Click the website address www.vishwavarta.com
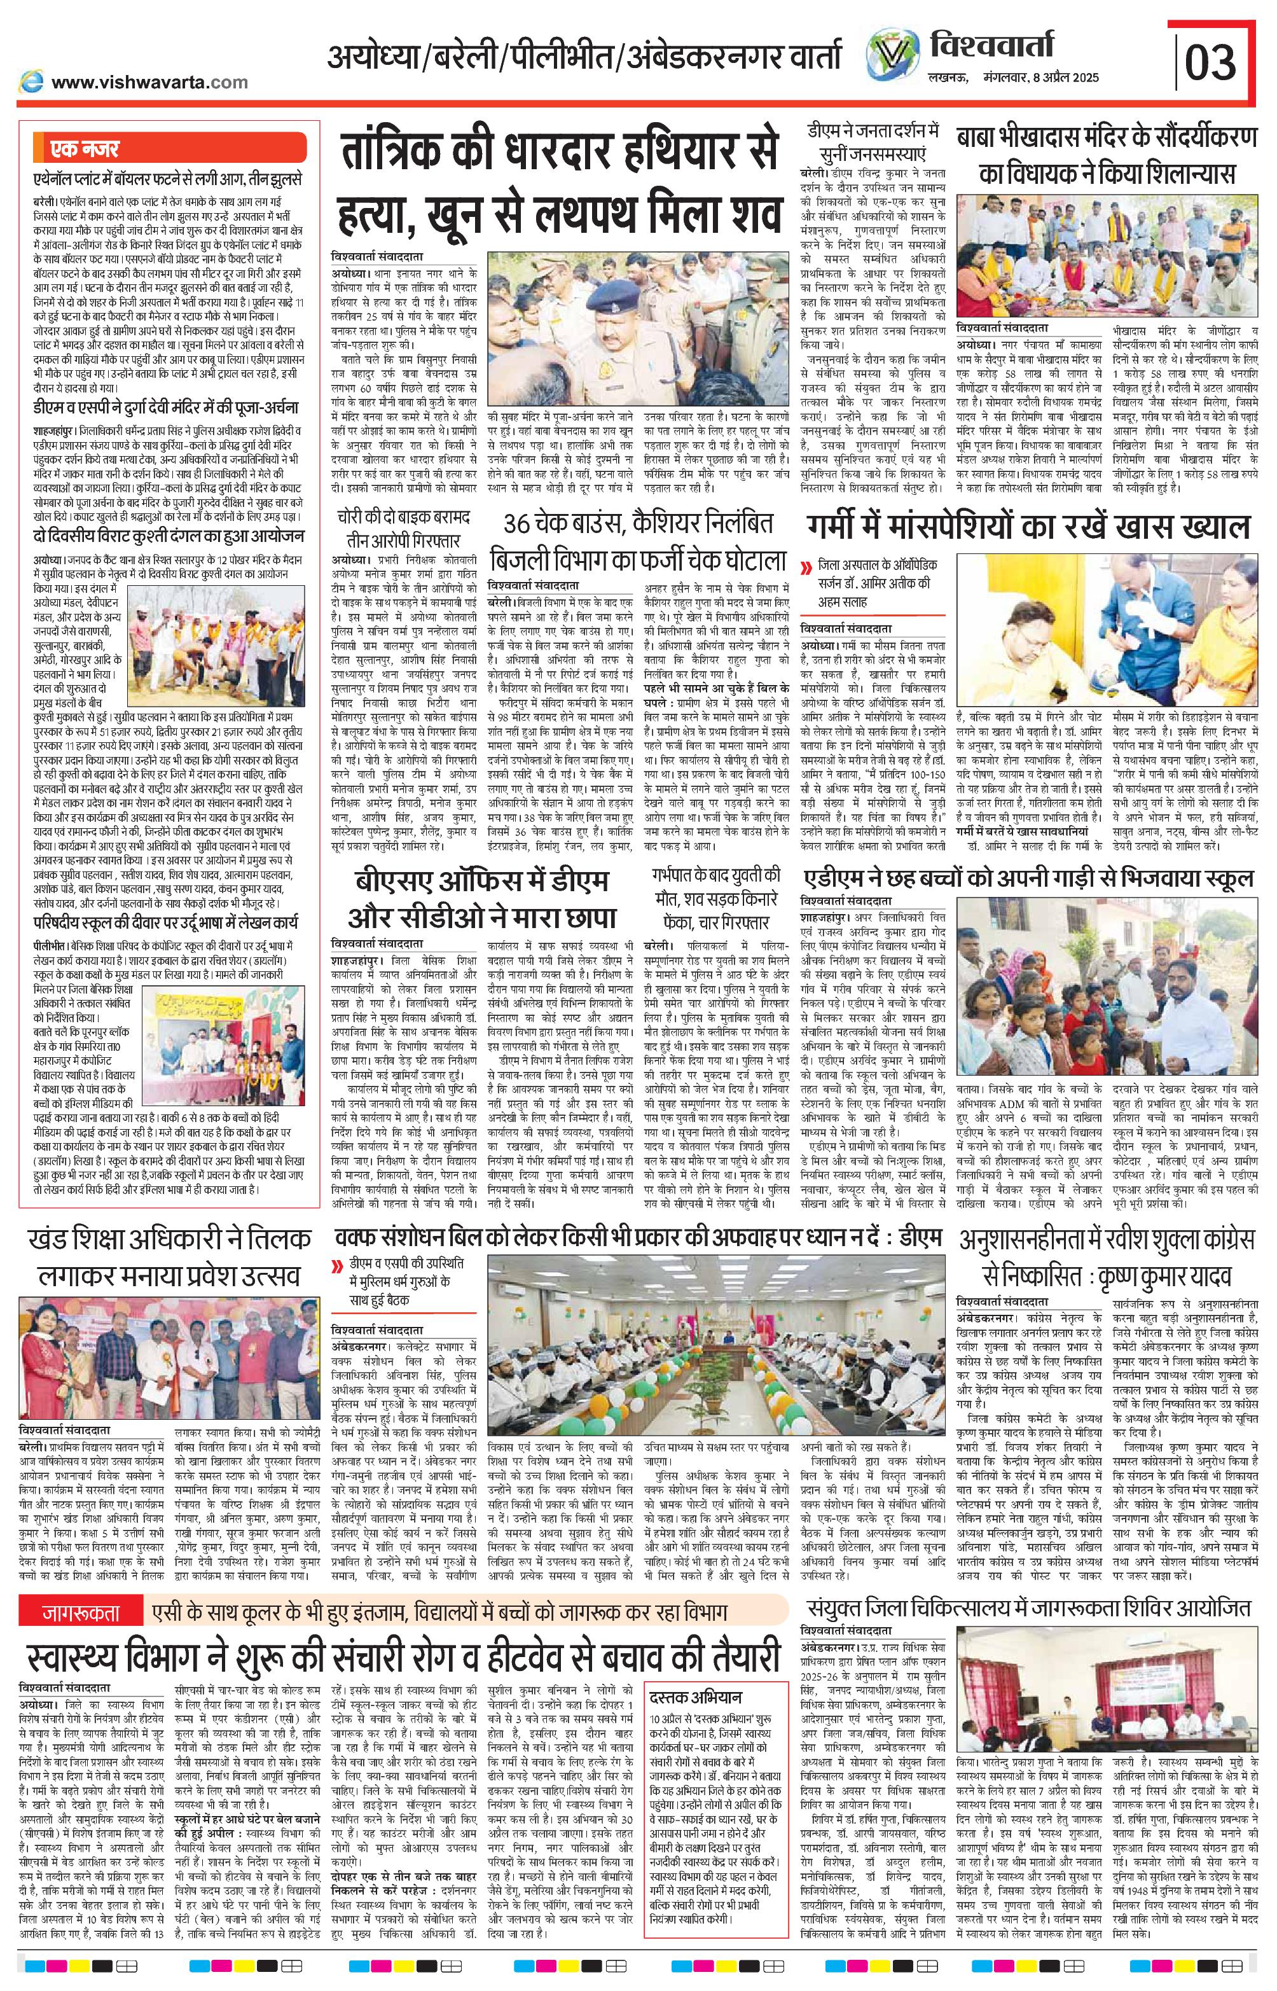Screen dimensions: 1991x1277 tap(149, 82)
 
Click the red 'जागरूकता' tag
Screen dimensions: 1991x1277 tap(81, 1614)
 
